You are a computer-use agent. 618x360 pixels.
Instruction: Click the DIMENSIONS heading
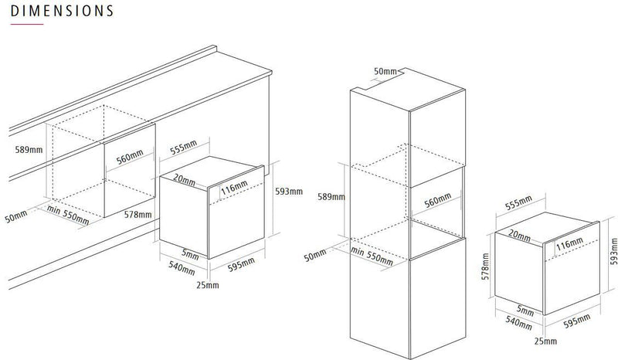pyautogui.click(x=62, y=11)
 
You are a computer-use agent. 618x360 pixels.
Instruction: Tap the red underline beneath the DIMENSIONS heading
pyautogui.click(x=27, y=25)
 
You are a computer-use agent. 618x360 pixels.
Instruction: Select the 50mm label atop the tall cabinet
pyautogui.click(x=385, y=71)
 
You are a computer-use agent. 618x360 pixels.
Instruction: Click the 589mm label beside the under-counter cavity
pyautogui.click(x=29, y=150)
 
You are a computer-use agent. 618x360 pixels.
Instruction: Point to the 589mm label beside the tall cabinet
pyautogui.click(x=331, y=197)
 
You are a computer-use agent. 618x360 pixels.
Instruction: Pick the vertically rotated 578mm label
pyautogui.click(x=485, y=267)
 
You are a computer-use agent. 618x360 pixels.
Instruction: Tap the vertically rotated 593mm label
pyautogui.click(x=613, y=251)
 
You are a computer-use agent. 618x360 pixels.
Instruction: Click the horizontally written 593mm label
pyautogui.click(x=289, y=192)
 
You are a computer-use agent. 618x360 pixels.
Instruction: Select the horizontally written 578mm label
pyautogui.click(x=138, y=215)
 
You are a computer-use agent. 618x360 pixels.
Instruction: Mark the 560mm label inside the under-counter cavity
pyautogui.click(x=130, y=158)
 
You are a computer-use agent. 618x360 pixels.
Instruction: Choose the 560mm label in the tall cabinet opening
pyautogui.click(x=437, y=201)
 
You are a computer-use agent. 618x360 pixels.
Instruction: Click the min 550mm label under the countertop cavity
pyautogui.click(x=68, y=215)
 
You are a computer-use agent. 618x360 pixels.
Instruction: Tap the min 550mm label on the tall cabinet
pyautogui.click(x=372, y=256)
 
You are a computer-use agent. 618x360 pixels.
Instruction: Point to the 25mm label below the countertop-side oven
pyautogui.click(x=208, y=285)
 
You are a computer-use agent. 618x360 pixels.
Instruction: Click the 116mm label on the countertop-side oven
pyautogui.click(x=234, y=187)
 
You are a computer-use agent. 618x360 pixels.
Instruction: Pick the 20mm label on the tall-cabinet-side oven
pyautogui.click(x=519, y=236)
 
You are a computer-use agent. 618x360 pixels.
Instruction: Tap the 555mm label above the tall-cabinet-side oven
pyautogui.click(x=518, y=202)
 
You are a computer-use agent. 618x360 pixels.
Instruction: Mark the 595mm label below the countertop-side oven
pyautogui.click(x=241, y=264)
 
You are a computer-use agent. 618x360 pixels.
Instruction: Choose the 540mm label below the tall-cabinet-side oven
pyautogui.click(x=518, y=323)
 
